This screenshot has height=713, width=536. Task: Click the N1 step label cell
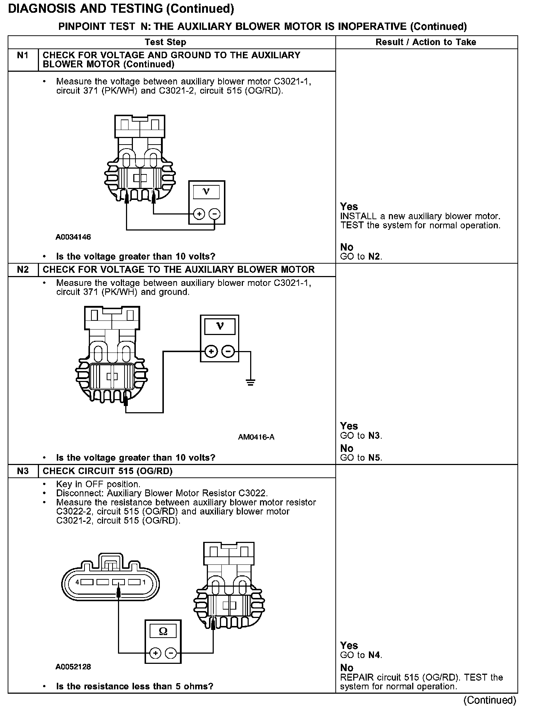[x=23, y=56]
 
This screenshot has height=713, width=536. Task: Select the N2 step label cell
[x=23, y=270]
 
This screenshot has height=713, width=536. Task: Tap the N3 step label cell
[x=23, y=471]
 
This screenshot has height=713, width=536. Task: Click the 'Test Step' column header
[x=165, y=42]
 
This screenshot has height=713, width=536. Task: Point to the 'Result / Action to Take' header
[x=426, y=42]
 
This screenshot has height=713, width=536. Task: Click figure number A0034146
[x=73, y=237]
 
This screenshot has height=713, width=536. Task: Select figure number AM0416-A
[x=256, y=437]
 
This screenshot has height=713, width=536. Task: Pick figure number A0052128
[x=73, y=667]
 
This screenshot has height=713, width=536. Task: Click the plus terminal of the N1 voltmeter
[x=199, y=214]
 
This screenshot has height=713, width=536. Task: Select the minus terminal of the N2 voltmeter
[x=228, y=352]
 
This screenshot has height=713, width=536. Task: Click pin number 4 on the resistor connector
[x=77, y=582]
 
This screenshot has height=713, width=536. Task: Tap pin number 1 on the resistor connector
[x=144, y=582]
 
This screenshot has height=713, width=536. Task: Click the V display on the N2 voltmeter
[x=220, y=326]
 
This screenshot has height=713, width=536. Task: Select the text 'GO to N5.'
[x=361, y=458]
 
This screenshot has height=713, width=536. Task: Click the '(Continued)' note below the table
[x=489, y=700]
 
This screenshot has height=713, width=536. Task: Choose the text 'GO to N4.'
[x=361, y=655]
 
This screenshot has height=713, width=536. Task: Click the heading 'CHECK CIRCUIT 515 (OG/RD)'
[x=107, y=471]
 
